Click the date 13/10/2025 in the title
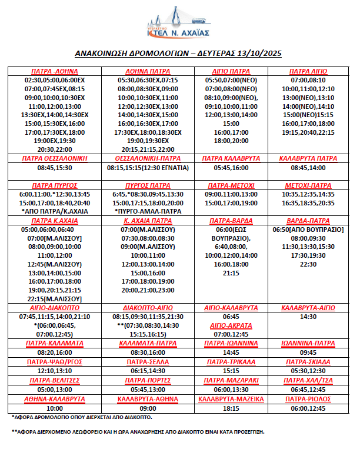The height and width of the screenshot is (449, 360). click(x=259, y=54)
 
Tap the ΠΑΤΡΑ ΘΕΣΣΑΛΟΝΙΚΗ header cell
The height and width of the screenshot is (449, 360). click(x=55, y=158)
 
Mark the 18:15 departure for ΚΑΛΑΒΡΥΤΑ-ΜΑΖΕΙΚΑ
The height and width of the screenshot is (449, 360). click(x=231, y=408)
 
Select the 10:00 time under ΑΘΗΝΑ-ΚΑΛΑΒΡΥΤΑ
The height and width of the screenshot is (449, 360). click(x=55, y=408)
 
